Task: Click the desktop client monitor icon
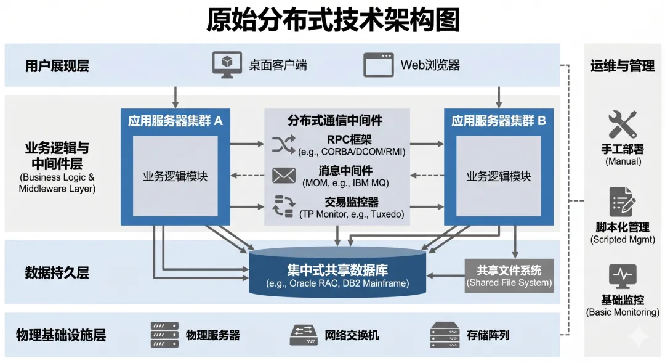[227, 65]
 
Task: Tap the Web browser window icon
[378, 65]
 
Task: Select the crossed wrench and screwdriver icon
[622, 124]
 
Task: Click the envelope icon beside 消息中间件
[284, 176]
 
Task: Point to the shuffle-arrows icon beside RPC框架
[284, 144]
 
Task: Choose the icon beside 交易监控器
[284, 206]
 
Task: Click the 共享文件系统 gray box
[509, 276]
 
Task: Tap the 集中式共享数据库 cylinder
[337, 272]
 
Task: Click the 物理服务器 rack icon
[164, 335]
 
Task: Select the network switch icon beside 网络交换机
[304, 335]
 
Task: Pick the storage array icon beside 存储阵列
[445, 335]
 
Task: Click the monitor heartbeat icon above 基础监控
[622, 276]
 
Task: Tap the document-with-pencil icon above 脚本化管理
[622, 202]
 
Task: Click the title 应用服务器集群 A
[175, 121]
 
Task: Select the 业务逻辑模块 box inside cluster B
[499, 176]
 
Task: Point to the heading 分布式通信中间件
[335, 121]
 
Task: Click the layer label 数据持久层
[57, 272]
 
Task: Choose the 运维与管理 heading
[622, 66]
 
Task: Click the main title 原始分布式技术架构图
[333, 20]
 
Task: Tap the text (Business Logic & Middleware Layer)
[57, 183]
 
